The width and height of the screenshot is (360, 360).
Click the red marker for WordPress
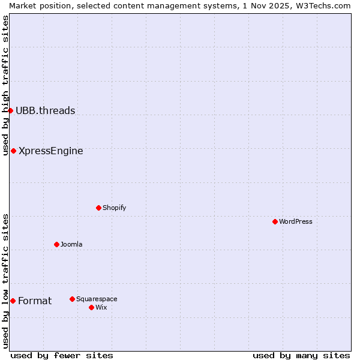275,221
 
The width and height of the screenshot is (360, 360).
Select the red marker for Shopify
98,208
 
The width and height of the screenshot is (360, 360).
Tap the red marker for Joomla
56,244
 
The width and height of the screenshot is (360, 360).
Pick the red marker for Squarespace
72,299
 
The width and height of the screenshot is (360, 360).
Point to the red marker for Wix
91,307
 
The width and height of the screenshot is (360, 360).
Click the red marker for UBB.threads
10,110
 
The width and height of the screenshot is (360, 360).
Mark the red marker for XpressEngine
13,151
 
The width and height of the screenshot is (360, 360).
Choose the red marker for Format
13,301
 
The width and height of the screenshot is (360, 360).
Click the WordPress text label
296,221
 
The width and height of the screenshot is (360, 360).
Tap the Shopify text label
114,208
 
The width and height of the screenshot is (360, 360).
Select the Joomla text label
71,244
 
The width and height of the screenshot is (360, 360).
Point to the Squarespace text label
97,299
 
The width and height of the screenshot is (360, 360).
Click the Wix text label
101,307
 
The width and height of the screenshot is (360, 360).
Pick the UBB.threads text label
46,110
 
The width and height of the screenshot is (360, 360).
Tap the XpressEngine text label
51,151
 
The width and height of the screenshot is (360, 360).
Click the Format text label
35,301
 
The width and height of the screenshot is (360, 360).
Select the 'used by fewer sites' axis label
62,355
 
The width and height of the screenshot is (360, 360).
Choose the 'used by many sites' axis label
301,355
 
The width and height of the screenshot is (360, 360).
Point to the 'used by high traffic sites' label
5,86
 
